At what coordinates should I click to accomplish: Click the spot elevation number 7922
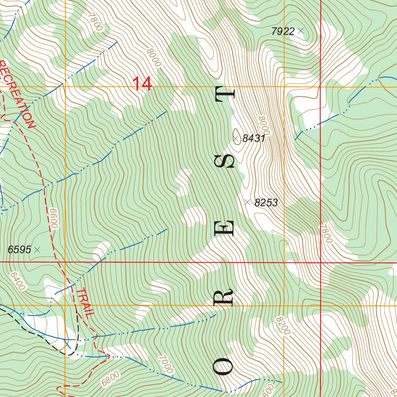pos(283,31)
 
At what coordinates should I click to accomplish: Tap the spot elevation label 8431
pos(254,138)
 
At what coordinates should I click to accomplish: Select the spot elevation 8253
pos(266,202)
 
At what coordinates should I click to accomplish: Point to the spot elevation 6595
pos(19,250)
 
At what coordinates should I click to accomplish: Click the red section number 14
pos(142,84)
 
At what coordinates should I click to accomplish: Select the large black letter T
pos(225,94)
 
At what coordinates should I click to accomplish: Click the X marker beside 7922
pos(300,31)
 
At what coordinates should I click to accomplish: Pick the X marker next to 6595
pos(37,250)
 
